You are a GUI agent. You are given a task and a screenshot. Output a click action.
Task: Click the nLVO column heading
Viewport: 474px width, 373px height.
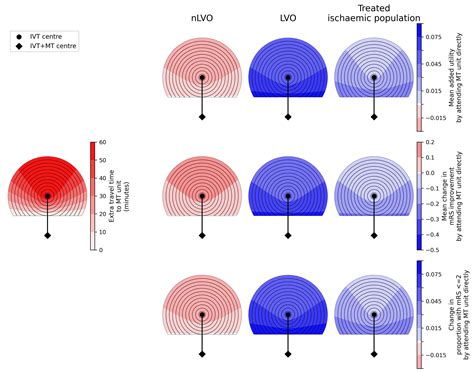point(202,19)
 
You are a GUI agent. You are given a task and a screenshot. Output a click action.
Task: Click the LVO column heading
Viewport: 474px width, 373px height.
point(287,19)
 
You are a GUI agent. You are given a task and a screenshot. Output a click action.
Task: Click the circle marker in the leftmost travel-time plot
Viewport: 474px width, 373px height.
point(48,196)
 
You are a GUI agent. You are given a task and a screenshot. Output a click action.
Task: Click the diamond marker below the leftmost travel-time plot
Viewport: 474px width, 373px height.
point(48,235)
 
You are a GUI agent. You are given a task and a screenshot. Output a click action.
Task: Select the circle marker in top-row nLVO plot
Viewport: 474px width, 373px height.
point(202,77)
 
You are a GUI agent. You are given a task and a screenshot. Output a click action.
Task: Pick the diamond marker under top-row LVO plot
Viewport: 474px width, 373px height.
point(287,116)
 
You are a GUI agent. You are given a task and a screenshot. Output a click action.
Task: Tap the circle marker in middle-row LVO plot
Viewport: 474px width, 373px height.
point(287,196)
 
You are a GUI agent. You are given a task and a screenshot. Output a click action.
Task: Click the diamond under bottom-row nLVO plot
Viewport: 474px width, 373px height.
point(202,355)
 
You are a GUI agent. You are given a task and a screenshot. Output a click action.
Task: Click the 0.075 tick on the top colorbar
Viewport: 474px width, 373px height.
point(437,36)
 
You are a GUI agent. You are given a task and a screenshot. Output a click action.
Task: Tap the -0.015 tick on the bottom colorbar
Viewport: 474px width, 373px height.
point(437,355)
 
